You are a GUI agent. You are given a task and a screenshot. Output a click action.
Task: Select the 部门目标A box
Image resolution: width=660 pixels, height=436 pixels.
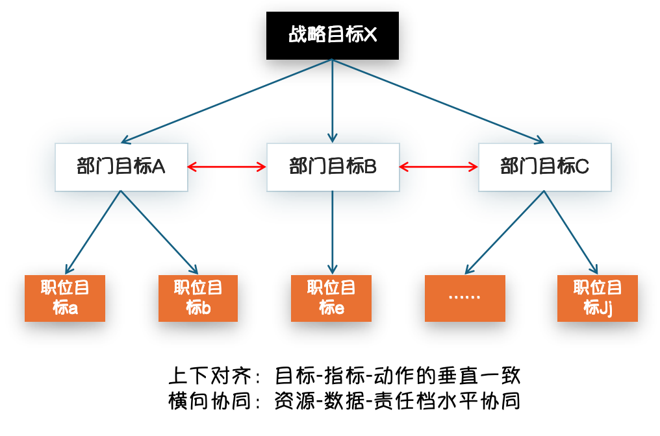tap(121, 167)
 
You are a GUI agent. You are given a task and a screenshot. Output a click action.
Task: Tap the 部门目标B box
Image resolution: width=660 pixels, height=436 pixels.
tap(333, 167)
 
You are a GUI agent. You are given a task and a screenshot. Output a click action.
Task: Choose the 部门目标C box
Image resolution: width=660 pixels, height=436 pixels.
tap(544, 167)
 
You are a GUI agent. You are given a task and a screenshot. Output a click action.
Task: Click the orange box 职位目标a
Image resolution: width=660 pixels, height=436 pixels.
tap(65, 298)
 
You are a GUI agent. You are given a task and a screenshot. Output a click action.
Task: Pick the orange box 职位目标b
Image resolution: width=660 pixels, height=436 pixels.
tap(198, 298)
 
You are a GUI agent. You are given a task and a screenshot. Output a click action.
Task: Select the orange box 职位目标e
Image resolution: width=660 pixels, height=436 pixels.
tap(331, 298)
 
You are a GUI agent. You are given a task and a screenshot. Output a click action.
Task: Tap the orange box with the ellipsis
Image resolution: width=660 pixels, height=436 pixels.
tap(464, 298)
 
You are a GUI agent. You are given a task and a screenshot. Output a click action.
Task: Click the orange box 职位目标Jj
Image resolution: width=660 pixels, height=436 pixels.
tap(598, 298)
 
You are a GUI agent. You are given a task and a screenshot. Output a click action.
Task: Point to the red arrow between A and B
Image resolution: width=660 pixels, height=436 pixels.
tap(227, 167)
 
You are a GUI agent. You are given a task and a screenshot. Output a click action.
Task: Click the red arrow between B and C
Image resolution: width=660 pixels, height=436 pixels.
tap(438, 167)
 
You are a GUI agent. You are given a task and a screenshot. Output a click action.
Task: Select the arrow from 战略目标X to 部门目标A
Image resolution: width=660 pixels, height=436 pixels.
tap(227, 101)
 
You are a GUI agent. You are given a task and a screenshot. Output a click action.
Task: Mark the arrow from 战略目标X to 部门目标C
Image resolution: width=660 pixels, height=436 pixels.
tap(438, 101)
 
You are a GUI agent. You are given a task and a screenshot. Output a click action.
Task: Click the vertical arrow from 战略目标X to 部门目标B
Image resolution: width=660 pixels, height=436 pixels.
tap(333, 101)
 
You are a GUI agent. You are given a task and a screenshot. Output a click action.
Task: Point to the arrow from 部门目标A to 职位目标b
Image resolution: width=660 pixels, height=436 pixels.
tap(159, 232)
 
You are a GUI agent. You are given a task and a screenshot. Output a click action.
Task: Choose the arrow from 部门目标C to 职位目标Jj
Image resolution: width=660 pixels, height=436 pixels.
tap(570, 232)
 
